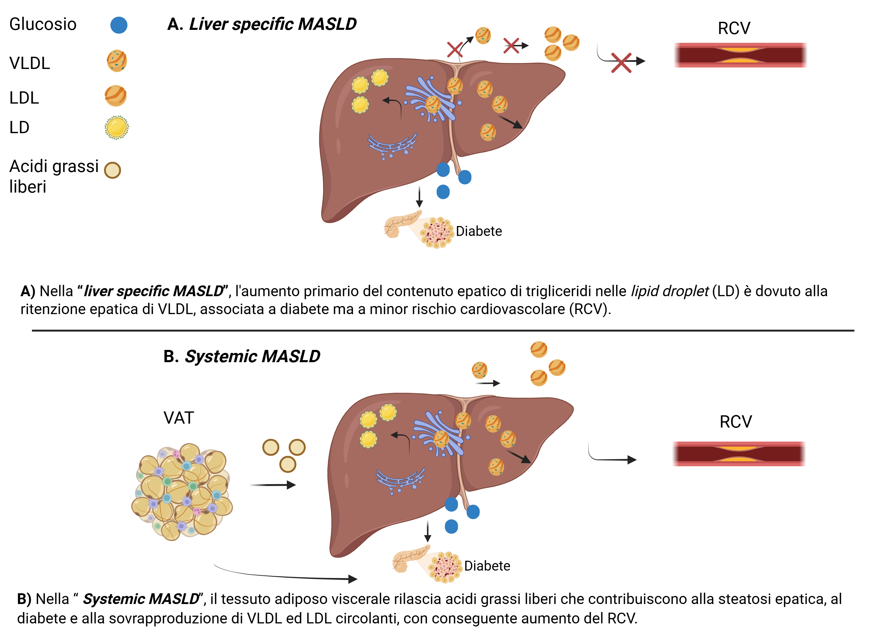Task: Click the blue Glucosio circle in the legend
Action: [x=119, y=25]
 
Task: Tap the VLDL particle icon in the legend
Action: [x=117, y=61]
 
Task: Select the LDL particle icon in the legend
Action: [x=116, y=96]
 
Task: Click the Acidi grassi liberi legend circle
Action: [x=112, y=170]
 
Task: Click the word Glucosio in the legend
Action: [x=43, y=24]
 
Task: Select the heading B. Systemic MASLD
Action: [x=242, y=356]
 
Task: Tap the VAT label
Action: [x=179, y=418]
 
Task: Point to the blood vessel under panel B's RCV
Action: [x=739, y=454]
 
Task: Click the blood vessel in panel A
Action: [x=740, y=55]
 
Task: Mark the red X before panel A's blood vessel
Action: [x=621, y=63]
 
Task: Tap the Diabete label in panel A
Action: [x=479, y=231]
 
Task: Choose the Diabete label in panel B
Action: [x=487, y=566]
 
